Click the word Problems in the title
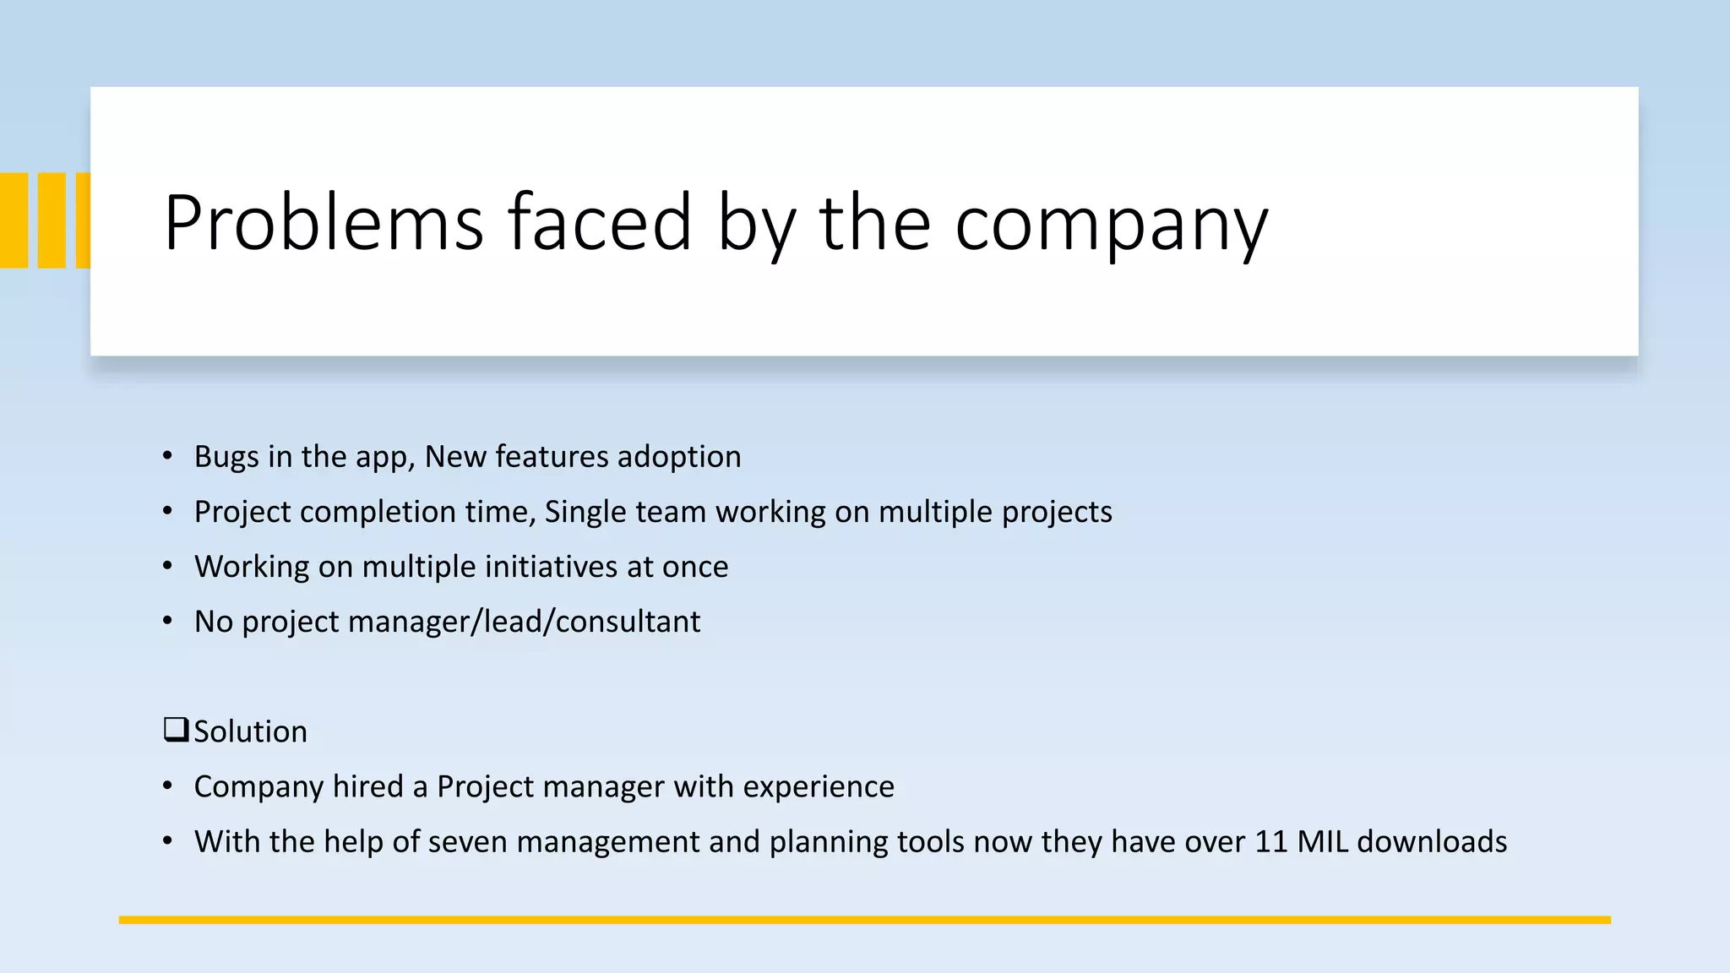(324, 223)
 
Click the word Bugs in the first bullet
(226, 457)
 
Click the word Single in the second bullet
(585, 513)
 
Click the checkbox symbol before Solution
(176, 729)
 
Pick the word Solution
(250, 731)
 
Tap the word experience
(818, 787)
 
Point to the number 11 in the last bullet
(1271, 842)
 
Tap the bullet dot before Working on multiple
(167, 566)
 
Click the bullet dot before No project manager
(167, 621)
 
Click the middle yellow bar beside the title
(52, 220)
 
